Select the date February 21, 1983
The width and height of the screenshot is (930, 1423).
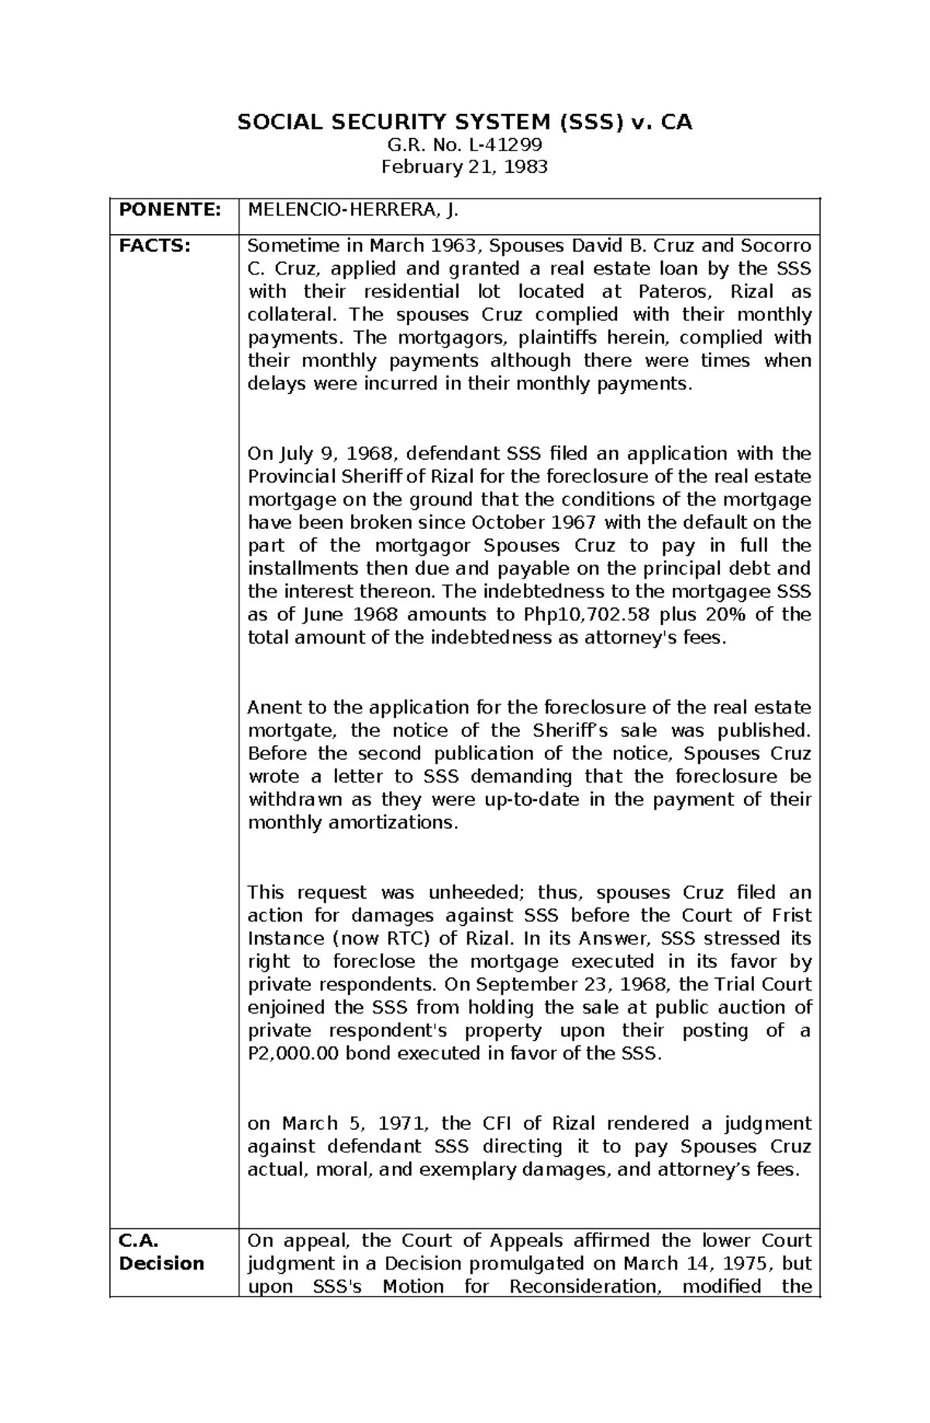click(464, 167)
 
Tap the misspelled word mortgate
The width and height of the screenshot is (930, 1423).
click(292, 730)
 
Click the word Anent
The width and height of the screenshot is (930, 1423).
click(271, 707)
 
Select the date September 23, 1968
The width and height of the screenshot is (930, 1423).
click(592, 985)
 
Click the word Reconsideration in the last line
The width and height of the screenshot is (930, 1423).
click(583, 1287)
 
